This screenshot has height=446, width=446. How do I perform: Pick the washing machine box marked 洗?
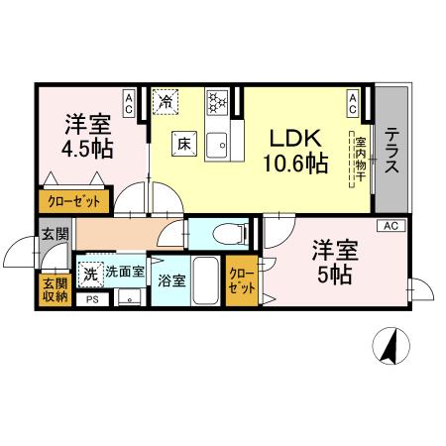[x=91, y=272]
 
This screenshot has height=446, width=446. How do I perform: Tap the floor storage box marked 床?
[x=184, y=143]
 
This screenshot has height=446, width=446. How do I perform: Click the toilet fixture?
[x=224, y=234]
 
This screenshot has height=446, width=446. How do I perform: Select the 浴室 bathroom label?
[x=171, y=280]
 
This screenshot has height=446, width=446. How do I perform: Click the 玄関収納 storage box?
[x=55, y=289]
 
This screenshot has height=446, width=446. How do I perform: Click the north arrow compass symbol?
[x=390, y=346]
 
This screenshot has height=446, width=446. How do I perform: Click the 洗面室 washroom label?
[x=126, y=271]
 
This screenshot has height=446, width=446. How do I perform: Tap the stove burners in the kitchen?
[x=218, y=102]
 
